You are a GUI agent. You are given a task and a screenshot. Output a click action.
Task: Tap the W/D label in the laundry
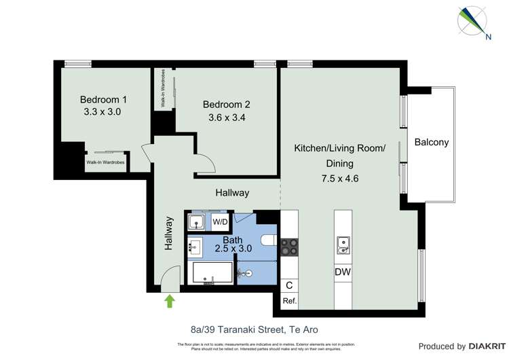pyautogui.click(x=221, y=222)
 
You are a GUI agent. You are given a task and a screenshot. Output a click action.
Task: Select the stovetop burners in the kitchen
pyautogui.click(x=290, y=246)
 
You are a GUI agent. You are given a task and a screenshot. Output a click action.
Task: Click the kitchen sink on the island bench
pyautogui.click(x=343, y=245)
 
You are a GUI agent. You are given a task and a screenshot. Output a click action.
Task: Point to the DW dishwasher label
pyautogui.click(x=343, y=272)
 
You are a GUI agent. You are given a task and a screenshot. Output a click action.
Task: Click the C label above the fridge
pyautogui.click(x=289, y=285)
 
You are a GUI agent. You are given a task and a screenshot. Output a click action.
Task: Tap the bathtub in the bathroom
pyautogui.click(x=212, y=273)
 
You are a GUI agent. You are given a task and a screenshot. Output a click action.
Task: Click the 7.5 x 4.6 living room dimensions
pyautogui.click(x=339, y=179)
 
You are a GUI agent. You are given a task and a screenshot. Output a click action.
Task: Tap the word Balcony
pyautogui.click(x=432, y=143)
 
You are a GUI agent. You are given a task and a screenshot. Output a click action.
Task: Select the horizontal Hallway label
pyautogui.click(x=232, y=193)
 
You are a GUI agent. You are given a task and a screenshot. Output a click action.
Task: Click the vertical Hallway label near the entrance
pyautogui.click(x=168, y=234)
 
